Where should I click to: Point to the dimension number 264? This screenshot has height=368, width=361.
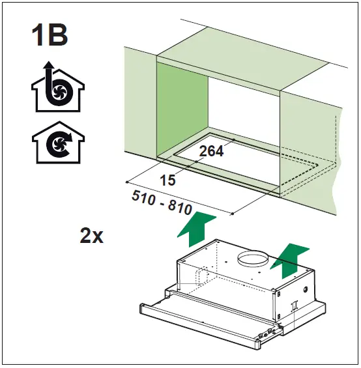coord(211,152)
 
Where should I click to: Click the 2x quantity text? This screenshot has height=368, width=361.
coord(92,236)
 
